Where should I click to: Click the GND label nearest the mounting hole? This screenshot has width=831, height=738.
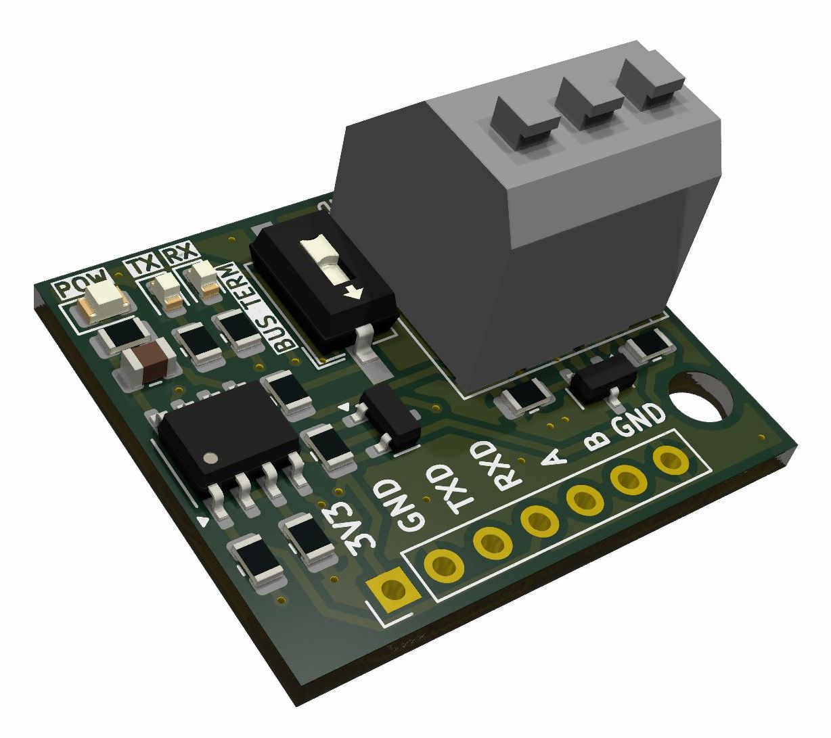[x=639, y=420]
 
